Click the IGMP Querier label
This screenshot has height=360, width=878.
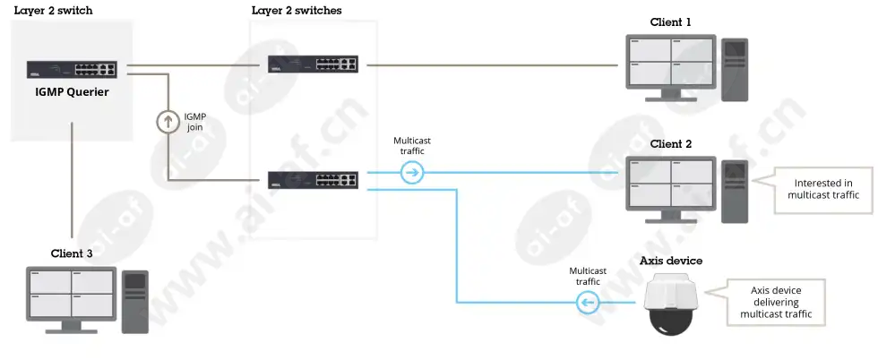(72, 92)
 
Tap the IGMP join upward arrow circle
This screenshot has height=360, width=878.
(167, 122)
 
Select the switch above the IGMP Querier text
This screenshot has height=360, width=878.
(72, 70)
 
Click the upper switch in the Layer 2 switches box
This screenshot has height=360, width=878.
(312, 64)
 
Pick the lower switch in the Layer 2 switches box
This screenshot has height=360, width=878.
(313, 180)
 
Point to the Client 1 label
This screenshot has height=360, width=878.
(670, 22)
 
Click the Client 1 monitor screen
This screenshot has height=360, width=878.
(671, 62)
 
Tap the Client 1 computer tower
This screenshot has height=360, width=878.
(734, 70)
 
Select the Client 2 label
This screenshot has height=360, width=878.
(670, 144)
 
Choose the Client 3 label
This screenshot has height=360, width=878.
(72, 253)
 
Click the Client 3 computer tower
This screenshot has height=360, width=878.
(135, 302)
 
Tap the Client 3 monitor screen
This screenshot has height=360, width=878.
(72, 294)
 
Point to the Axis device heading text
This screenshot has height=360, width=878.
(671, 261)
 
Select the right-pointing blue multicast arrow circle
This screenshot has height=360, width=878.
(412, 173)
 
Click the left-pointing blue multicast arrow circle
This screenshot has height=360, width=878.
(588, 303)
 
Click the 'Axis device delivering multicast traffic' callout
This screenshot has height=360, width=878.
(770, 303)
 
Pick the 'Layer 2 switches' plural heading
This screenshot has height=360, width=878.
(297, 10)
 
